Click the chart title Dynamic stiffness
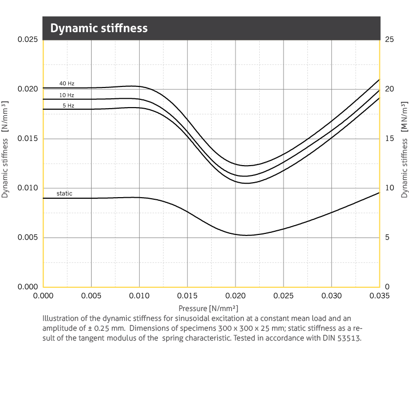99,28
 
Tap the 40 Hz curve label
67,83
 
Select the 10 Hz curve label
67,95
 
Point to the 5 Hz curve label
68,106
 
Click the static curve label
65,194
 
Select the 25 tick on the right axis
390,40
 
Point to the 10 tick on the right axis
390,188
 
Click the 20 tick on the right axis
390,89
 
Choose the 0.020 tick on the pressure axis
235,296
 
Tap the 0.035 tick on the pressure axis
379,296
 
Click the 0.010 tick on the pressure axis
139,296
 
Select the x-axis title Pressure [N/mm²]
211,308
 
